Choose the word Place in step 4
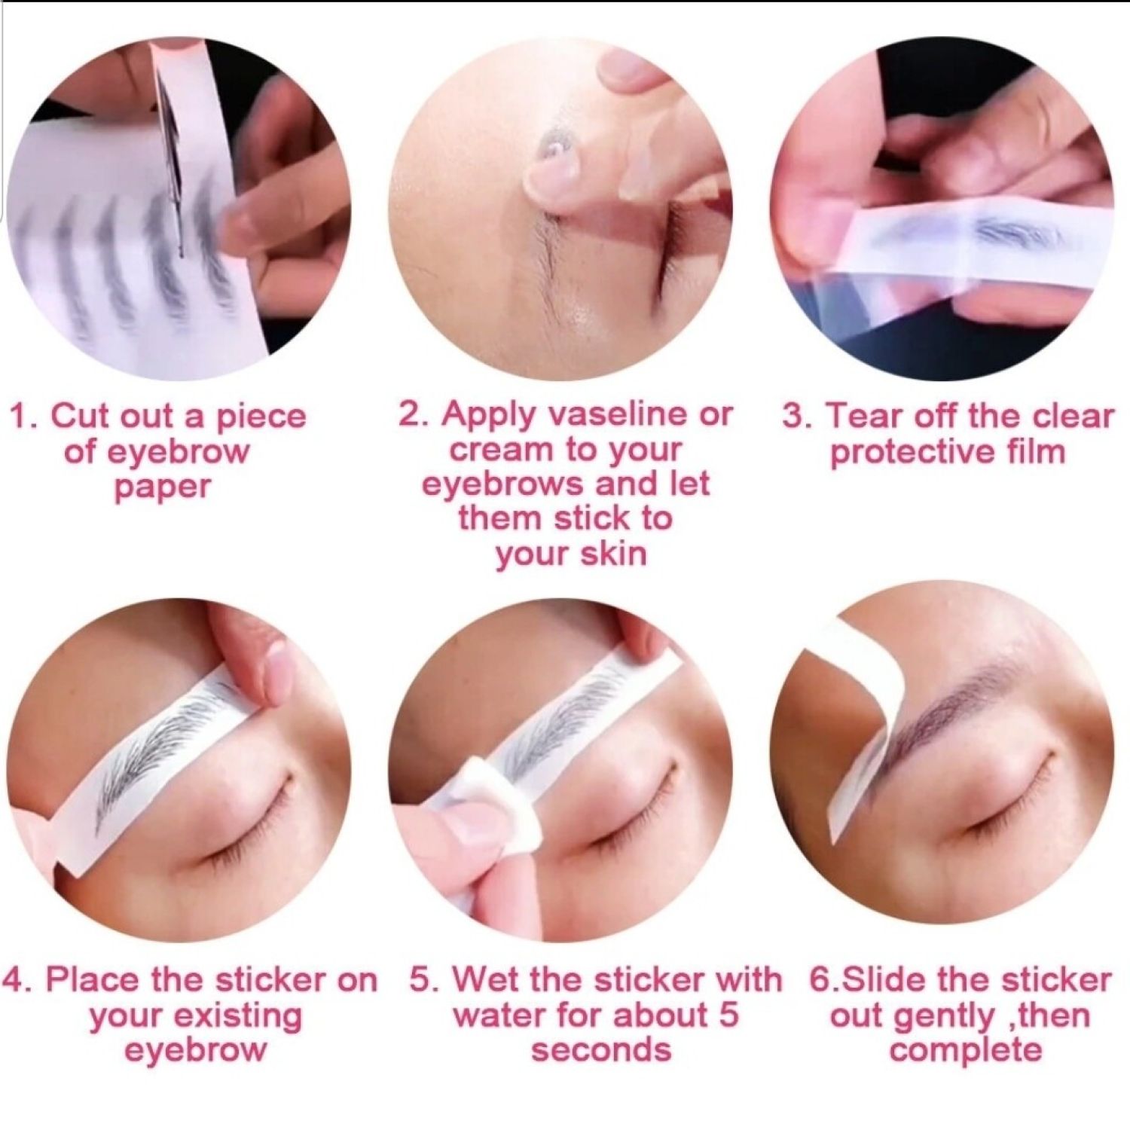[x=93, y=980]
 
